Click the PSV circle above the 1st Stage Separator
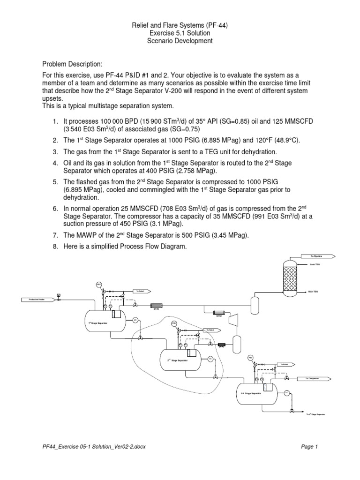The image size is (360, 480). tap(99, 285)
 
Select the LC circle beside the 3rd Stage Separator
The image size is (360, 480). tap(287, 392)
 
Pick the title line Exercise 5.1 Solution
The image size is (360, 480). tap(180, 33)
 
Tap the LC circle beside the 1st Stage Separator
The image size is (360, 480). tap(136, 320)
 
